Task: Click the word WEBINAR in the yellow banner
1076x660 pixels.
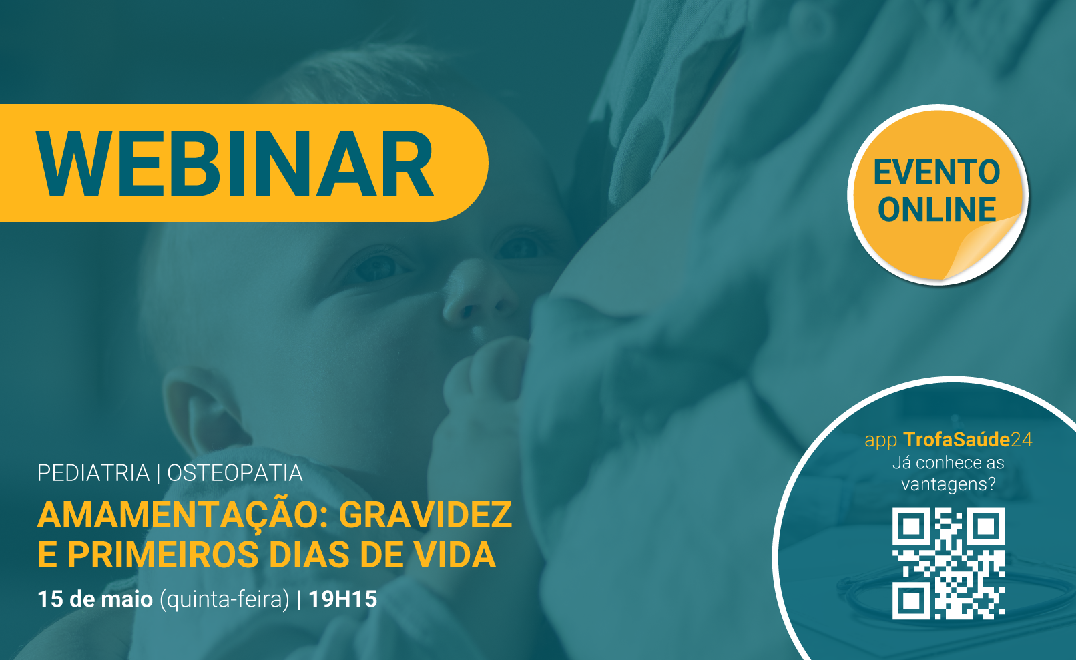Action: point(235,163)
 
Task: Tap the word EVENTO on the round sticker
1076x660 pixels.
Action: point(936,172)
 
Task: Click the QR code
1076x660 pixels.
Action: point(949,563)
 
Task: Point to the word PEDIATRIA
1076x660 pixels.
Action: point(93,473)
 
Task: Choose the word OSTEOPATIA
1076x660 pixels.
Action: point(235,473)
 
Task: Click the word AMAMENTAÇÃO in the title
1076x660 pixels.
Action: point(182,515)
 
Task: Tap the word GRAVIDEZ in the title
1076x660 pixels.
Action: point(426,515)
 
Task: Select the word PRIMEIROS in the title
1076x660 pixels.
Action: point(163,555)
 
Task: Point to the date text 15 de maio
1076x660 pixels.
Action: point(95,599)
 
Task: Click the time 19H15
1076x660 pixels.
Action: point(343,599)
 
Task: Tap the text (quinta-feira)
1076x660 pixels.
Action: point(225,600)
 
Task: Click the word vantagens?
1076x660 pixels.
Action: point(949,484)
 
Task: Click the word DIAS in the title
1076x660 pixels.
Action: point(309,555)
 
